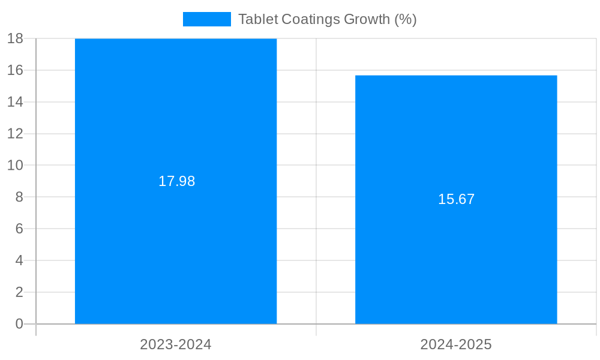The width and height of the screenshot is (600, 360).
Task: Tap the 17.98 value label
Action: tap(176, 181)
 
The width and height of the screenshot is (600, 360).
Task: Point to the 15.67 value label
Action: tap(456, 199)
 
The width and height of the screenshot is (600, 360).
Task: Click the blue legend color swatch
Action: tap(206, 19)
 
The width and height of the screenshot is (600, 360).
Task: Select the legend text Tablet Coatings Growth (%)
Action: tap(327, 19)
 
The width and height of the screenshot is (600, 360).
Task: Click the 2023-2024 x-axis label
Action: tap(176, 344)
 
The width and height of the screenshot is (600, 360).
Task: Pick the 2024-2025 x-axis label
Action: tap(456, 344)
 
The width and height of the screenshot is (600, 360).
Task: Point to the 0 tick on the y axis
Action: tap(19, 324)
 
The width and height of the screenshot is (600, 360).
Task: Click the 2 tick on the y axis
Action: tap(19, 292)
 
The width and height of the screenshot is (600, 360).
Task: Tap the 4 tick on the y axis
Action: tap(19, 260)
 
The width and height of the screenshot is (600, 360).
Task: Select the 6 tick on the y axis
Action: tap(19, 229)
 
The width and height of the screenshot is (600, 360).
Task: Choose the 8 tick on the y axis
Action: tap(19, 197)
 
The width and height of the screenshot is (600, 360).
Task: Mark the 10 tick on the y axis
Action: tap(15, 165)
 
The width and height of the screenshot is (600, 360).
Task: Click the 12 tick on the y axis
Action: tap(15, 133)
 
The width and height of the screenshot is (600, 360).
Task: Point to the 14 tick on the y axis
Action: tap(15, 102)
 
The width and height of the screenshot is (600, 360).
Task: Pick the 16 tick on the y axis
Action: tap(15, 70)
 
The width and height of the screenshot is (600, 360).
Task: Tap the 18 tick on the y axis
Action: tap(15, 38)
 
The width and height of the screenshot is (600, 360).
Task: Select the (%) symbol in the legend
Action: tap(405, 19)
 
